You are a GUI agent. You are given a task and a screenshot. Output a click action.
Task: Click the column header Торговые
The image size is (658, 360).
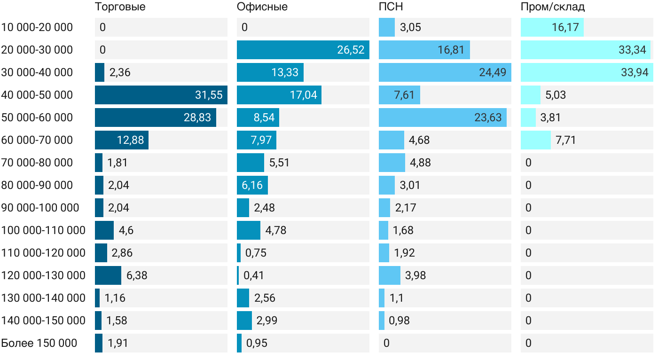pos(120,7)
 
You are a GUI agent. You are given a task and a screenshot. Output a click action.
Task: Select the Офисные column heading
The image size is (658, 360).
pos(262,7)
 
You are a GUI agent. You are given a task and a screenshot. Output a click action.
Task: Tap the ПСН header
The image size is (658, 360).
pos(391,7)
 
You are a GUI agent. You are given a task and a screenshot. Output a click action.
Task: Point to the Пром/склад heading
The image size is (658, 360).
pos(552,7)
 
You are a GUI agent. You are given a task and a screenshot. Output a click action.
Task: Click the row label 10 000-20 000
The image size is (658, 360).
pos(37,27)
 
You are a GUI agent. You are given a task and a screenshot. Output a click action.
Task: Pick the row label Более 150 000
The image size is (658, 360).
pos(39,343)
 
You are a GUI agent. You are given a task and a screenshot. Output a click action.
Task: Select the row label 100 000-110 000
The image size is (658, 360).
pos(43,230)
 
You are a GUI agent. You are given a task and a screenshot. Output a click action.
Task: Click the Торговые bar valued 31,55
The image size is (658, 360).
pos(161,95)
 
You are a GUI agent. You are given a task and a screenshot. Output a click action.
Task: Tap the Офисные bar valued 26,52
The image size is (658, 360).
pos(303,50)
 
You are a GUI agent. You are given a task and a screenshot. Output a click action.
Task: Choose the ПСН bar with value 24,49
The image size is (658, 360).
pos(445,72)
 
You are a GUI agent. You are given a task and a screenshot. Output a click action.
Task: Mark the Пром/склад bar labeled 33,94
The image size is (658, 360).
pos(586,72)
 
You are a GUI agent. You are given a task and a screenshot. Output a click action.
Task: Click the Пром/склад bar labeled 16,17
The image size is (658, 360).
pos(552,27)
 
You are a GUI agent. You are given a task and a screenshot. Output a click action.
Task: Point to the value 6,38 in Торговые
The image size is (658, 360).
pos(137,275)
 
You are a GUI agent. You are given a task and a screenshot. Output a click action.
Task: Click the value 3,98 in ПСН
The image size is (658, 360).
pos(415,275)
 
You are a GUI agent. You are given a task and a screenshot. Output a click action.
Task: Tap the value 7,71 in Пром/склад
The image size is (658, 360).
pos(565,140)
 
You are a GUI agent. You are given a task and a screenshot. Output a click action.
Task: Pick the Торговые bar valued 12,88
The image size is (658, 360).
pos(121,140)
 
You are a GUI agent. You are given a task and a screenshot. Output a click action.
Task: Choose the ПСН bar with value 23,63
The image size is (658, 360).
pos(442,117)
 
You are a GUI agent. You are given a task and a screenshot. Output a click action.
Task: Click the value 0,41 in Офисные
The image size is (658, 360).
pos(254,275)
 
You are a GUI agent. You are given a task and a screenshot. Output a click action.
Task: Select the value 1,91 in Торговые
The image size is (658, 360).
pos(117,343)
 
